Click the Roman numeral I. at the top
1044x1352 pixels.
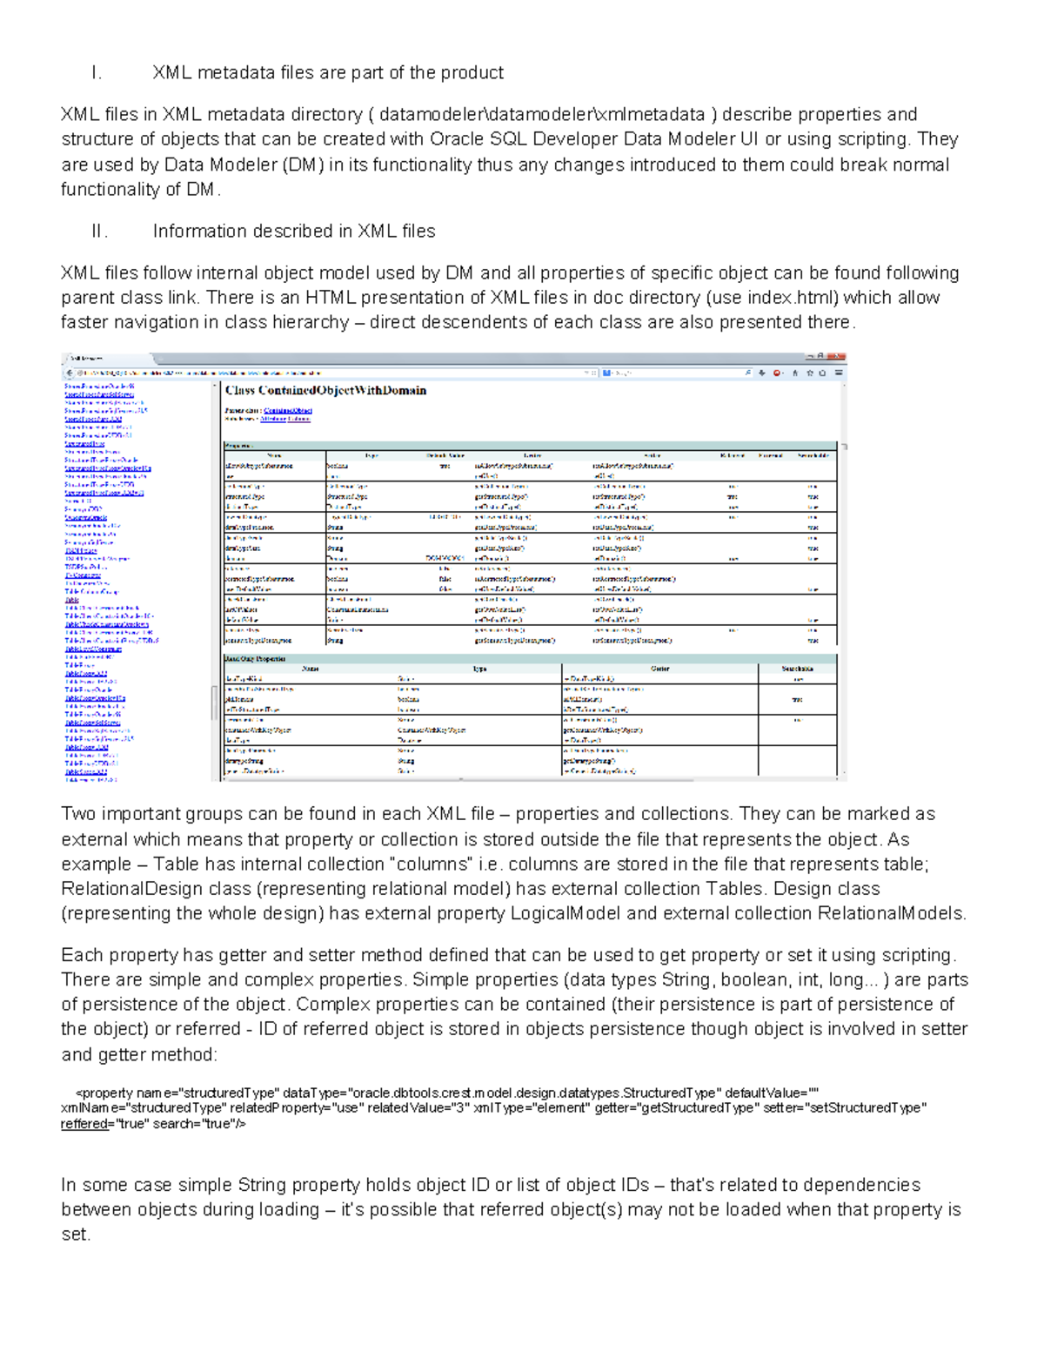point(97,73)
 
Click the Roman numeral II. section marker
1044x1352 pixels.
point(100,232)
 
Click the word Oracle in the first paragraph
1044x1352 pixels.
point(458,139)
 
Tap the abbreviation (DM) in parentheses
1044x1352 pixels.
point(302,165)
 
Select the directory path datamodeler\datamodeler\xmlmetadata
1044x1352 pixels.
point(541,115)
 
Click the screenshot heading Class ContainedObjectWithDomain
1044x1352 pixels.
point(325,391)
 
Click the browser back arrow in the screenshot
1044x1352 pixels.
point(70,373)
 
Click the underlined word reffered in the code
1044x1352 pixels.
point(82,1124)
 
